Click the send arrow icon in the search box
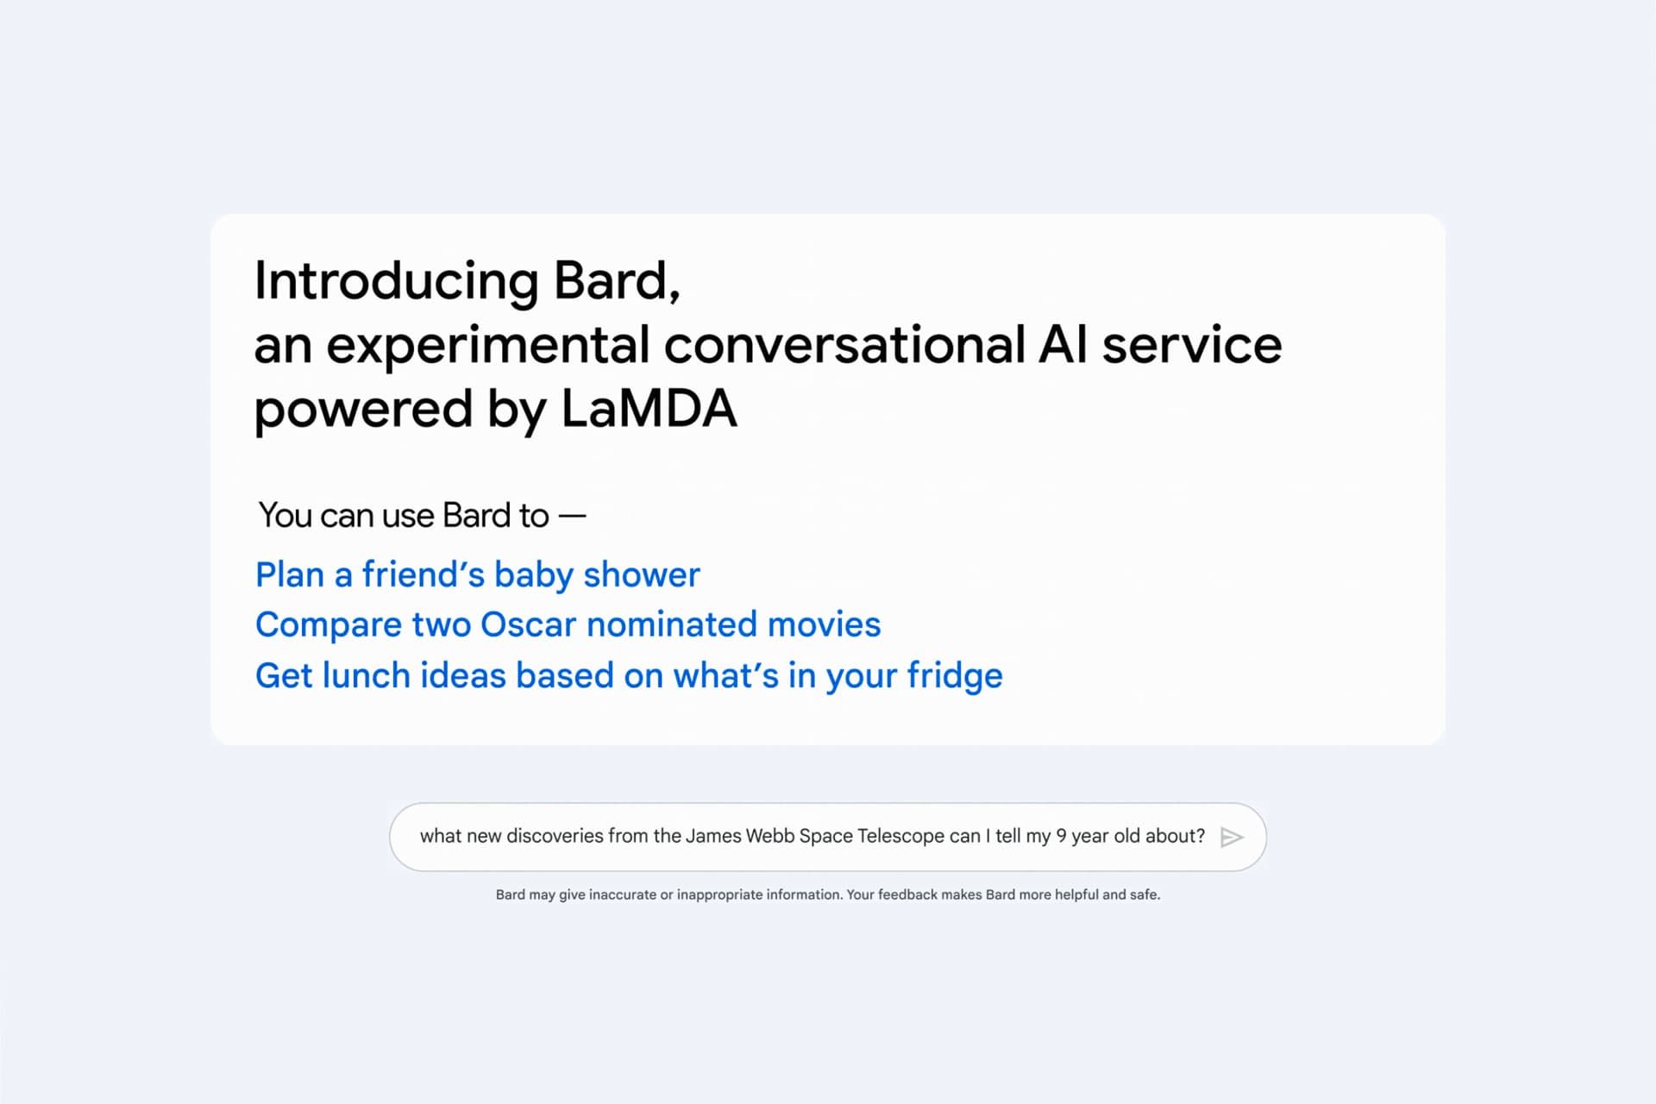click(1233, 837)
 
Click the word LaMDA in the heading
click(649, 408)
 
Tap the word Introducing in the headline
click(397, 281)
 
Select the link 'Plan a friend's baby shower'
click(478, 575)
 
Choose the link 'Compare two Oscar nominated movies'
click(568, 624)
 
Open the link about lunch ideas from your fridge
click(629, 676)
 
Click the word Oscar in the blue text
click(528, 624)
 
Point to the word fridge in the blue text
click(955, 676)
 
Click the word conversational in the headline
click(844, 345)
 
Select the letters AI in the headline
click(1063, 345)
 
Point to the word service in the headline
click(1192, 345)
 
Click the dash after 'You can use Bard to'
click(572, 517)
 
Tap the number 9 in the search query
click(1062, 836)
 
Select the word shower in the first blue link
click(642, 575)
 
